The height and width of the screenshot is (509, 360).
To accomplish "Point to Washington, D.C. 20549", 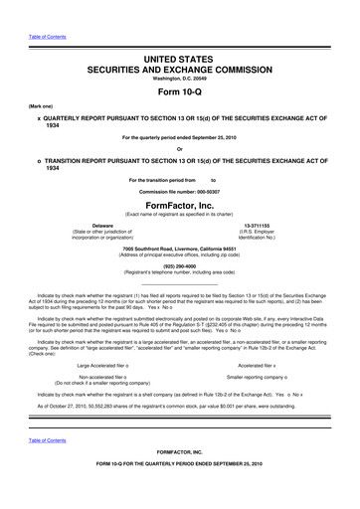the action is (x=179, y=81).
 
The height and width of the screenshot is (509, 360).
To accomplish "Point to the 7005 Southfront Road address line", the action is (x=179, y=250).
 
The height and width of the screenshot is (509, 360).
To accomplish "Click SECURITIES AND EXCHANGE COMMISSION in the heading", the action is (x=179, y=72).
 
